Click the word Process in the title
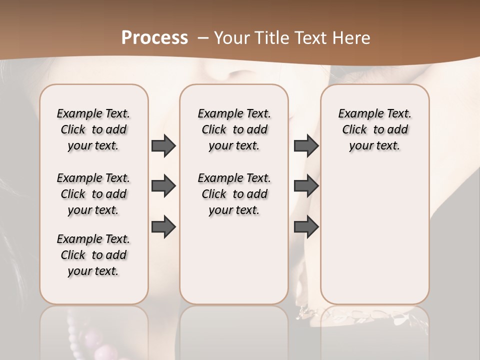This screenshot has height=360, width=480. (x=154, y=37)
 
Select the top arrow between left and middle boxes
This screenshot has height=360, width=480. (x=163, y=145)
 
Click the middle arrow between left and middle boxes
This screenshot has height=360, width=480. (x=163, y=186)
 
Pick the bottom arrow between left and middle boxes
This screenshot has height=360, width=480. (x=163, y=226)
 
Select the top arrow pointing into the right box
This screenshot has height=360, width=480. (x=306, y=145)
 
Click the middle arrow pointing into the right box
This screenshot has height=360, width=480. (x=306, y=186)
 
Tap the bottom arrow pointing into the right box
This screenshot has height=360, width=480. (x=306, y=226)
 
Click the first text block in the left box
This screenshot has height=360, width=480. (x=93, y=129)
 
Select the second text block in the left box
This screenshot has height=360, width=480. (x=93, y=194)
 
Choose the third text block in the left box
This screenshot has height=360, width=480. (x=93, y=255)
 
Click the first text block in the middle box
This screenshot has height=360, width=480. (x=234, y=129)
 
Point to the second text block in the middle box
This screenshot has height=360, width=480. (x=234, y=194)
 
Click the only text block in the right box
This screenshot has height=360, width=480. (x=375, y=129)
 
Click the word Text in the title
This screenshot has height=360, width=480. (x=313, y=37)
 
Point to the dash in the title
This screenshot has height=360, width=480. (x=202, y=38)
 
